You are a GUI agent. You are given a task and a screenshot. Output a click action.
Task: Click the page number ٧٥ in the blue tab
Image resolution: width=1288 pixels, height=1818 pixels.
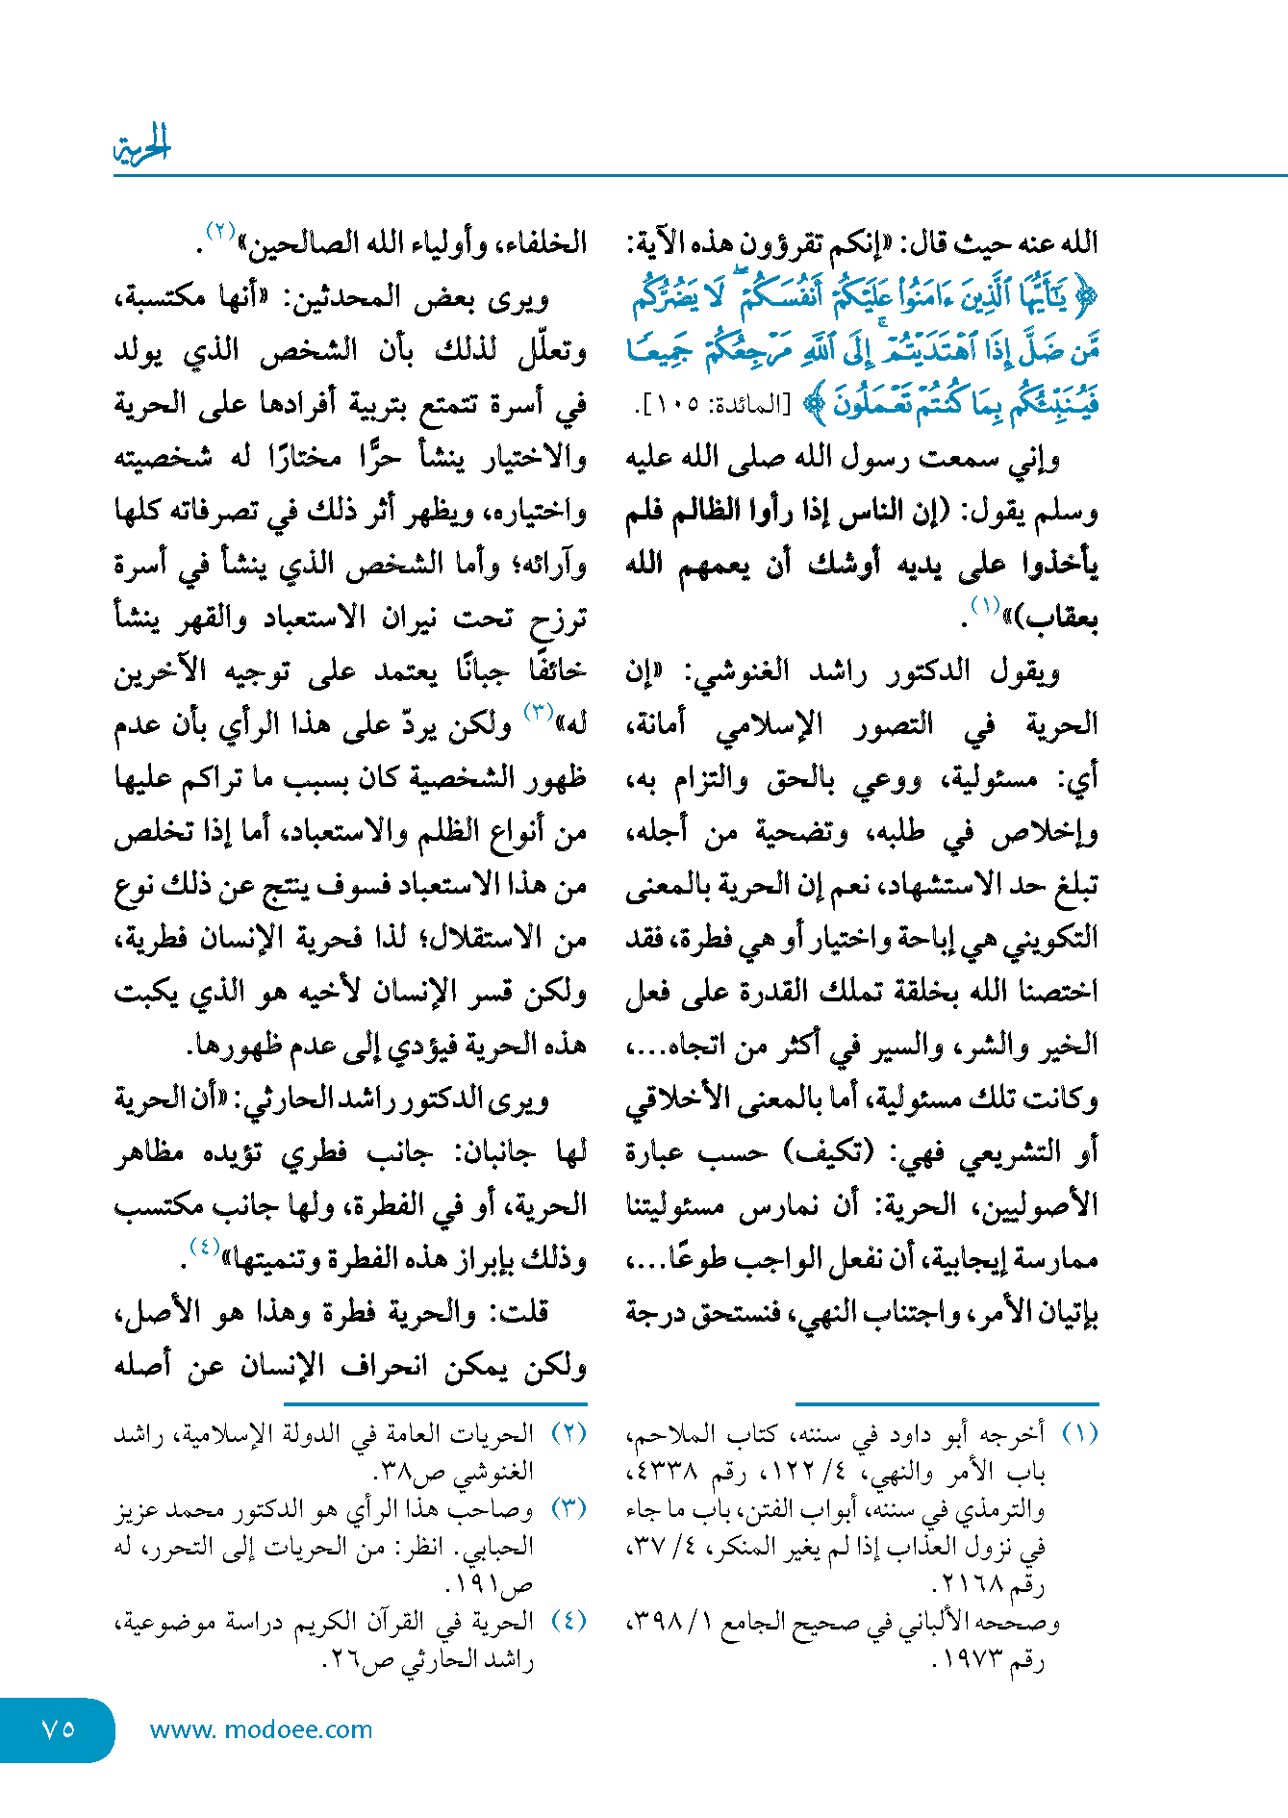point(58,1729)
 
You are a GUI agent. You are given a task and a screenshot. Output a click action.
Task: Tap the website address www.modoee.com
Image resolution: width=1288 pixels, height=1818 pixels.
point(261,1730)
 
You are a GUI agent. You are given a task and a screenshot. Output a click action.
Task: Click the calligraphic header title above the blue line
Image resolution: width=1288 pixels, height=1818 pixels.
point(141,145)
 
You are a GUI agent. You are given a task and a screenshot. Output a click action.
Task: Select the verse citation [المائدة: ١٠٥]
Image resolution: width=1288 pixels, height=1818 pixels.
point(708,405)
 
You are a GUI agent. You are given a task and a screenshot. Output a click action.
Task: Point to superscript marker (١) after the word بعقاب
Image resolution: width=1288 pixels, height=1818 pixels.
point(985,606)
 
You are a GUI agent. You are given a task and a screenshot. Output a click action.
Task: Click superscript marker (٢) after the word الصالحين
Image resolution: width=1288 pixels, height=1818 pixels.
point(220,232)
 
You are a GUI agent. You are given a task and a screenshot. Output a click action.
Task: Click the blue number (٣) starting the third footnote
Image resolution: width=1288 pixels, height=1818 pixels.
point(568,1507)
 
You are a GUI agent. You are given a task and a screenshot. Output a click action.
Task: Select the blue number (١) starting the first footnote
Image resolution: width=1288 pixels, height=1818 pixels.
point(1079,1433)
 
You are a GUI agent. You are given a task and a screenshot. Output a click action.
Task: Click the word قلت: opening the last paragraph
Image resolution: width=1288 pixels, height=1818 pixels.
point(518,1312)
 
